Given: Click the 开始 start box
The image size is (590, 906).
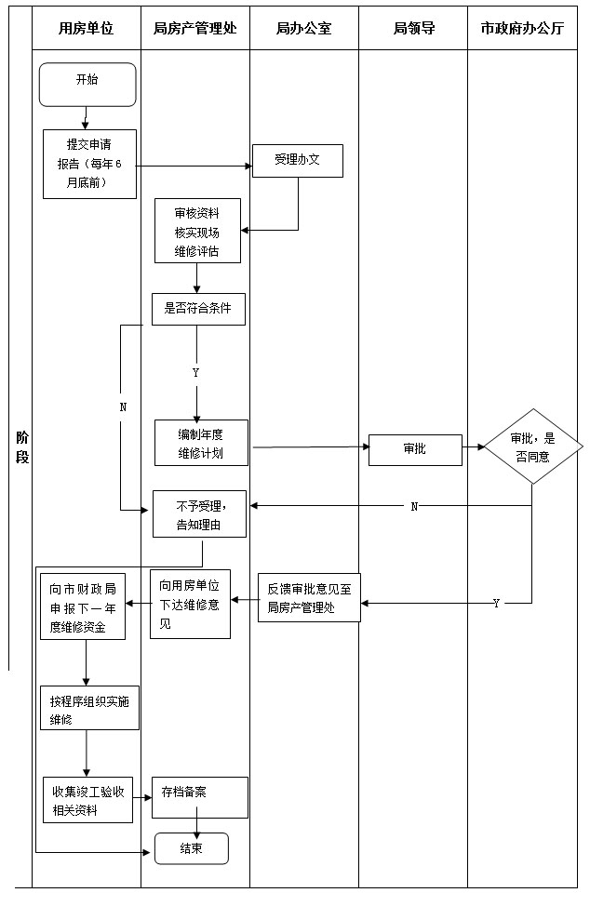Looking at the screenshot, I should tap(87, 85).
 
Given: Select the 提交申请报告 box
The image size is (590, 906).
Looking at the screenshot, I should tap(89, 164).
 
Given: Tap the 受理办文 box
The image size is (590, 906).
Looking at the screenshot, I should tap(298, 160).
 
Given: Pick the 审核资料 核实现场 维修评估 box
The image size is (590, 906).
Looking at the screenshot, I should tap(197, 230).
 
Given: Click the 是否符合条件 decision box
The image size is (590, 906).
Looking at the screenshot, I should tap(197, 309).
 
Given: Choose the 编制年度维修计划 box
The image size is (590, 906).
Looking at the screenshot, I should tap(201, 443).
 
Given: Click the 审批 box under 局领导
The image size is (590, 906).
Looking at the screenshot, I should tap(415, 448).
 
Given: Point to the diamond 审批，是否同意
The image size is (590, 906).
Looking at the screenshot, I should tap(530, 447).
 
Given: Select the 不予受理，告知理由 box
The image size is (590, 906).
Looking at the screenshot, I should tap(200, 513).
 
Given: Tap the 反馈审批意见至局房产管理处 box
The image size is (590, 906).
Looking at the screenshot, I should tap(308, 596).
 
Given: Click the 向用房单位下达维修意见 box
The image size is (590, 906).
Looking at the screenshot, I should tap(190, 604).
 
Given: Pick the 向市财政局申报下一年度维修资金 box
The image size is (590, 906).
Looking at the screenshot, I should tap(85, 607).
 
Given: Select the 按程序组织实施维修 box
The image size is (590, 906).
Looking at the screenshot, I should tap(89, 708).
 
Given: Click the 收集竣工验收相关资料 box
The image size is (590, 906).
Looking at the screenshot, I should tap(88, 799).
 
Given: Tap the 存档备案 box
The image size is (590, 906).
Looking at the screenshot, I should tap(200, 797).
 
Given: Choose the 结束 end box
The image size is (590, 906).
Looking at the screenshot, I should tap(191, 847).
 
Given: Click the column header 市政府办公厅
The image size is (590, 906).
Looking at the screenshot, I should tap(522, 29).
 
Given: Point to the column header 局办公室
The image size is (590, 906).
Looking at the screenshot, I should tap(303, 29).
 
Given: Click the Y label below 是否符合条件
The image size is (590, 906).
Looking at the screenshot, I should tap(195, 372).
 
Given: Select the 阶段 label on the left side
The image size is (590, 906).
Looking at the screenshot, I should tap(21, 446).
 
